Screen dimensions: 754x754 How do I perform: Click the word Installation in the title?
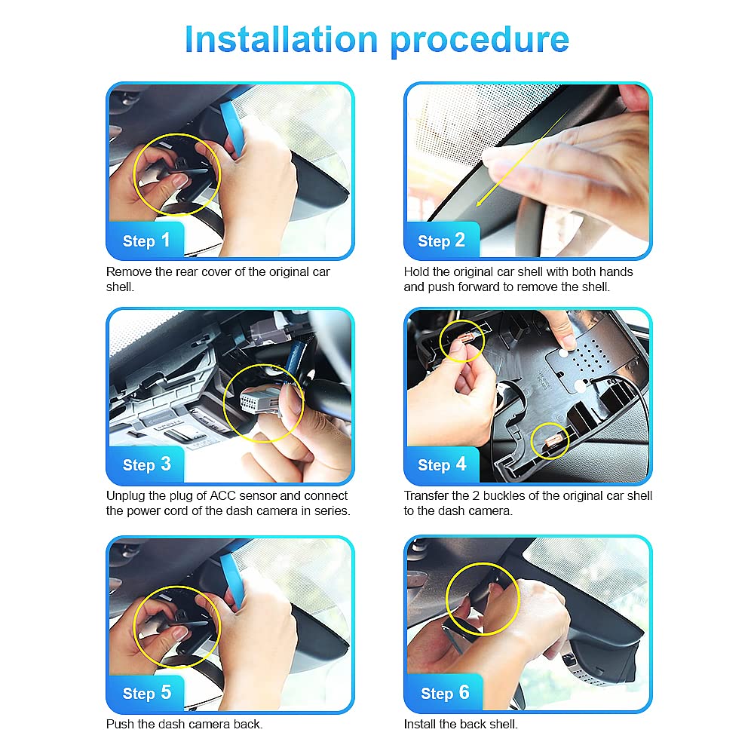(x=281, y=39)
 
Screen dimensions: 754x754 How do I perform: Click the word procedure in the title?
(x=480, y=41)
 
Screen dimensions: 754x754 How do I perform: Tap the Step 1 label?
(x=146, y=241)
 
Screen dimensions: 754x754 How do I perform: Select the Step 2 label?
(x=441, y=241)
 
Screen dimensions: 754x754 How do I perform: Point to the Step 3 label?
(x=147, y=464)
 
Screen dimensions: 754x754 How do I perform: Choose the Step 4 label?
(x=442, y=464)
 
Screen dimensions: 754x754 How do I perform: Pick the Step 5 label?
(x=147, y=693)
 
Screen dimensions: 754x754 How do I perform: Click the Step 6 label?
(x=445, y=693)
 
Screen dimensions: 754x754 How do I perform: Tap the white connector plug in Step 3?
(x=259, y=401)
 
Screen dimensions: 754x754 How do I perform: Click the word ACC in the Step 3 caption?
(x=222, y=496)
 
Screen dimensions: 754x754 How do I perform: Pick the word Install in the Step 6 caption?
(x=420, y=724)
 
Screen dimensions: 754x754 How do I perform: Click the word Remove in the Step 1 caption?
(x=129, y=271)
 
